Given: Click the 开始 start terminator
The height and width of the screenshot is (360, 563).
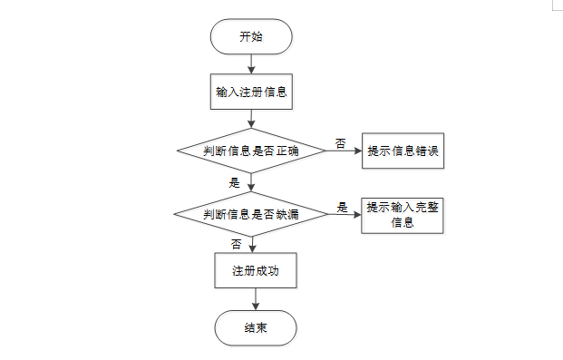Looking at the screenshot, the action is pyautogui.click(x=251, y=36).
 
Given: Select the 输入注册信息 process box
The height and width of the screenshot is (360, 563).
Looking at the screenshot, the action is pyautogui.click(x=251, y=92).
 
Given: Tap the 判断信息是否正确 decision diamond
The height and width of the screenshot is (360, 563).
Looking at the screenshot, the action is pyautogui.click(x=251, y=151).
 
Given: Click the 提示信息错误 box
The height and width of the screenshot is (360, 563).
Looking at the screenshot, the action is pyautogui.click(x=403, y=151).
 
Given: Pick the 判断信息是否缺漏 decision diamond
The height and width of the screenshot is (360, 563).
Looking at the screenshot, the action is pyautogui.click(x=251, y=214).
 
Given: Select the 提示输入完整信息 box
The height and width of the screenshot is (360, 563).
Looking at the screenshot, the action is pyautogui.click(x=403, y=216).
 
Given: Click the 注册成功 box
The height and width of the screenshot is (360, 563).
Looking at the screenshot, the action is pyautogui.click(x=256, y=270).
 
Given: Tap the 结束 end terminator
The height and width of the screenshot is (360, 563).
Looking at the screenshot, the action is pyautogui.click(x=256, y=328).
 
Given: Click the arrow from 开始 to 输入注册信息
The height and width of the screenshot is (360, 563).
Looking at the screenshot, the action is pyautogui.click(x=251, y=64).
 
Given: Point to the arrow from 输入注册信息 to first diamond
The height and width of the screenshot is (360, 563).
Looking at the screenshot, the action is pyautogui.click(x=251, y=119).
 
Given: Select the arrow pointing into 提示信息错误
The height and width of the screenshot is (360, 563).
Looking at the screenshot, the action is pyautogui.click(x=344, y=151).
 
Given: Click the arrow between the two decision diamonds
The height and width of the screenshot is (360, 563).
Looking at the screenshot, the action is pyautogui.click(x=251, y=182).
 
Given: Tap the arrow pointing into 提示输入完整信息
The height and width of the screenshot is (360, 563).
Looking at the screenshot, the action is pyautogui.click(x=345, y=215).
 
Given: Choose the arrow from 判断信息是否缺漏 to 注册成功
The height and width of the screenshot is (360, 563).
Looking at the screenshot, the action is pyautogui.click(x=252, y=245).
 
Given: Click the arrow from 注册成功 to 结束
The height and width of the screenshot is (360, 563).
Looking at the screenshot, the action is pyautogui.click(x=256, y=299).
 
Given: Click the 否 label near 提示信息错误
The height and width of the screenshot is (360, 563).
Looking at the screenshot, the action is pyautogui.click(x=340, y=143).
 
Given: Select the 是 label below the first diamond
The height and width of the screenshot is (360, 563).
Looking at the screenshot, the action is pyautogui.click(x=235, y=183).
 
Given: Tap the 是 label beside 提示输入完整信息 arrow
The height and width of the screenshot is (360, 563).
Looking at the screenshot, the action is pyautogui.click(x=342, y=208).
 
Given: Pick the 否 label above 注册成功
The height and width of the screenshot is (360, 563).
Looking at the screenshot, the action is pyautogui.click(x=237, y=244).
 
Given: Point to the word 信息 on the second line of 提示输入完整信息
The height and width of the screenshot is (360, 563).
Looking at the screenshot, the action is pyautogui.click(x=403, y=222).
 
